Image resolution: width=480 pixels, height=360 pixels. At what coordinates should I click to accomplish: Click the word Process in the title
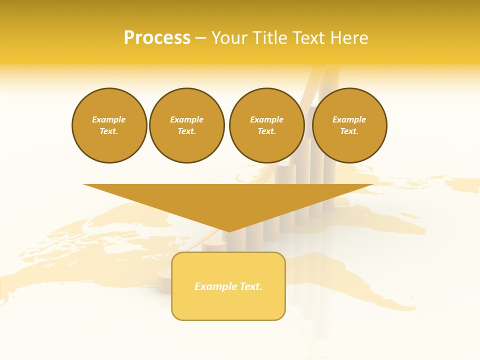coord(157,38)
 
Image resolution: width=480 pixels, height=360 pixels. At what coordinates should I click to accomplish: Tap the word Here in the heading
coord(348,38)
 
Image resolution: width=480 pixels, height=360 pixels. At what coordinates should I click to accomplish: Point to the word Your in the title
coord(229,38)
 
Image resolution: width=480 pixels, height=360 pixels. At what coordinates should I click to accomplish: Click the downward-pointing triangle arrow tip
coord(229,230)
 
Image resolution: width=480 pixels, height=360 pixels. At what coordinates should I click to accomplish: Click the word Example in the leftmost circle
coord(109,119)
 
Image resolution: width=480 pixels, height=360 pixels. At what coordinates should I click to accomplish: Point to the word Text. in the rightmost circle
coord(349,131)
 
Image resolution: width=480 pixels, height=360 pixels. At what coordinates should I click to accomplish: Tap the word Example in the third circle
coord(266,119)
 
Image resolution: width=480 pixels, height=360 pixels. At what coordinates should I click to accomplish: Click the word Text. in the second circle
coord(186,131)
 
